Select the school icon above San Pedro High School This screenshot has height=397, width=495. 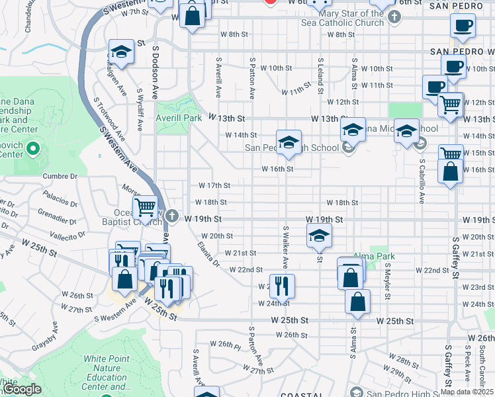[x=289, y=142]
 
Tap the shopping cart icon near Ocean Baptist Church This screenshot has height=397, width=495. [x=145, y=207]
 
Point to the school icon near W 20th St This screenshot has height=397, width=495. [x=319, y=235]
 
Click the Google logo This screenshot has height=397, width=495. [x=22, y=389]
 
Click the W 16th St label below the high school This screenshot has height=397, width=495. [x=277, y=169]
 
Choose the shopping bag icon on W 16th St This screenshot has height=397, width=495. [x=450, y=171]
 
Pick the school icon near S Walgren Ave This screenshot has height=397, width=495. [x=120, y=54]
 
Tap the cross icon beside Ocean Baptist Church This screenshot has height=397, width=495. [x=172, y=216]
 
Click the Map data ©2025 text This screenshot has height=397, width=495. [x=466, y=392]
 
